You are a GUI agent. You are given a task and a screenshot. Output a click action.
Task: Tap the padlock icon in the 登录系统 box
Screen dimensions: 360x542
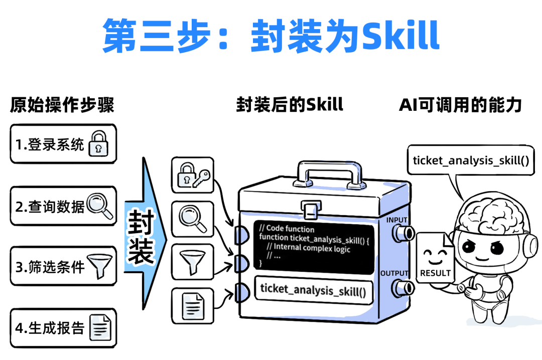coord(98,144)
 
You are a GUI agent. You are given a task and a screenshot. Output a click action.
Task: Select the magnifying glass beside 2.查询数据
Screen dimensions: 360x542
coord(100,206)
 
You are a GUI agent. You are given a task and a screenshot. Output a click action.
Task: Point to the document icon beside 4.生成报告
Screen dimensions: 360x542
coord(100,327)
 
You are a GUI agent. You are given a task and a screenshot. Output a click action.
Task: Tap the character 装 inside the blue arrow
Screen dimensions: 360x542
coord(141,252)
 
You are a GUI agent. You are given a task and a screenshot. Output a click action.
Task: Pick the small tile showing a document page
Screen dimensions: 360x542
coord(192,304)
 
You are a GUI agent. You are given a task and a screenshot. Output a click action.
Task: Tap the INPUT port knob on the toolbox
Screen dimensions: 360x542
coord(402,232)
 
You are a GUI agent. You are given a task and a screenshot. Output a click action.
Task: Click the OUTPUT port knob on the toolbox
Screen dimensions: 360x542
coord(402,287)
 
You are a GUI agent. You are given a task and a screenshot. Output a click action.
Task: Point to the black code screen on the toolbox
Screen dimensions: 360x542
coord(314,246)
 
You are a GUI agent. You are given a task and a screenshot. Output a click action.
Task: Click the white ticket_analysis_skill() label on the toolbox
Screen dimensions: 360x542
coord(314,290)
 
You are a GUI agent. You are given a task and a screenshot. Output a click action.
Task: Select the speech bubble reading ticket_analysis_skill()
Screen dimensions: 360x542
coord(470,160)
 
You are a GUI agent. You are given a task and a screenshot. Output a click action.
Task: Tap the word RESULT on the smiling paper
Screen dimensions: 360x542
coord(435,273)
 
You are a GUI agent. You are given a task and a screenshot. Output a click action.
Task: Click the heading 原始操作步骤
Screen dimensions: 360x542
coord(62,105)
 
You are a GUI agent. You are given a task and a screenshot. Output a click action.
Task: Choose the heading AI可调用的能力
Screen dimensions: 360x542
coord(460,105)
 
